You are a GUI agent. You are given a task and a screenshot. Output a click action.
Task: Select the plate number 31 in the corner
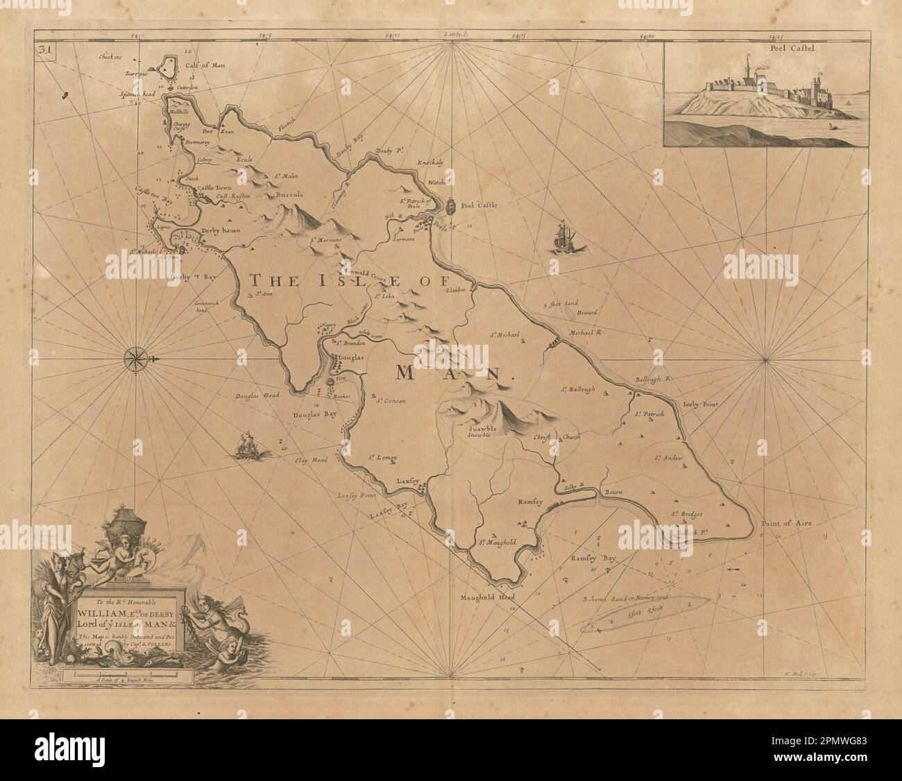click(47, 49)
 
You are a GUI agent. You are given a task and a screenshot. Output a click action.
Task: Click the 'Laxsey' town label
click(409, 479)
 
